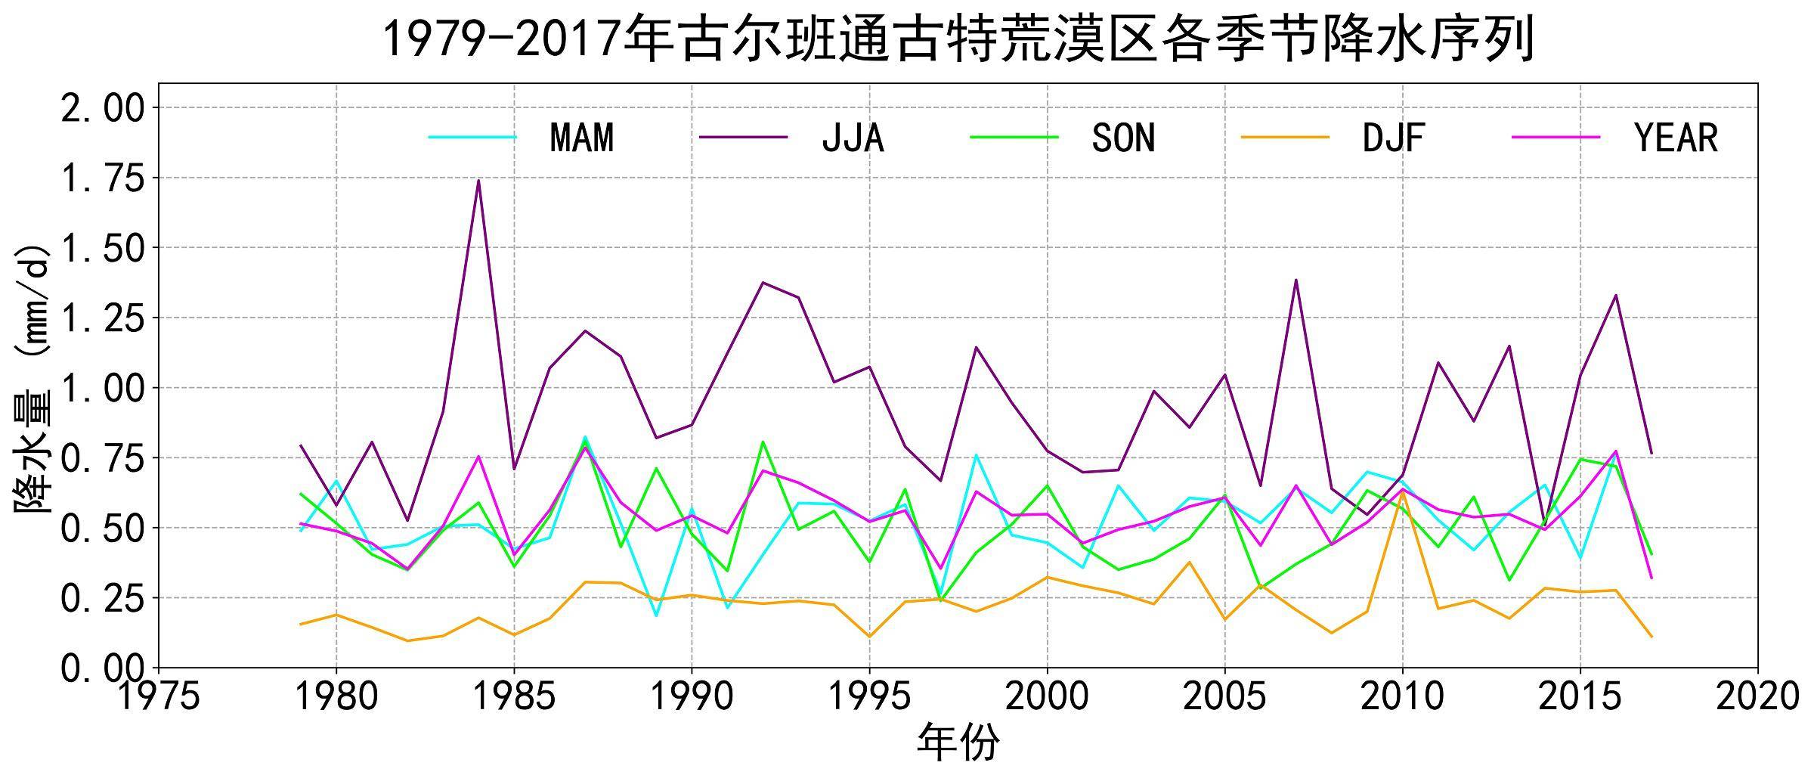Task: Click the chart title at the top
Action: [958, 39]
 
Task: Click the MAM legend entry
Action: [581, 138]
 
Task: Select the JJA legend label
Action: [853, 138]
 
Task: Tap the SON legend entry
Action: [1123, 138]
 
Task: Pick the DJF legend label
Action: [1393, 138]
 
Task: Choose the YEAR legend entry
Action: [1676, 138]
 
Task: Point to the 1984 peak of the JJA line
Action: [478, 180]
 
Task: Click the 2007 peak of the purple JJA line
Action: [1296, 281]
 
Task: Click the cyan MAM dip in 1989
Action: [656, 615]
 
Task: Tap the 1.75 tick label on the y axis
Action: [102, 178]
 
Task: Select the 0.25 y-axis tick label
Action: [102, 599]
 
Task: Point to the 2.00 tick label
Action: [102, 108]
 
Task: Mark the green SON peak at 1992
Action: [763, 442]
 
